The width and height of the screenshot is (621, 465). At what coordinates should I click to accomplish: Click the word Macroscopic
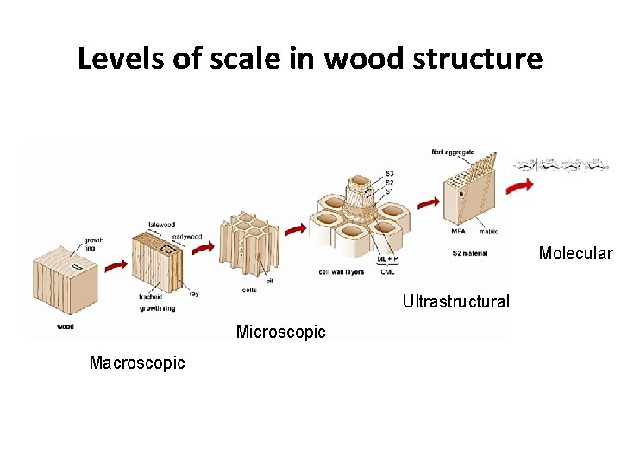coord(137,363)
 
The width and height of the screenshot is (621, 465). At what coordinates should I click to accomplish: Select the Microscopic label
coord(280,332)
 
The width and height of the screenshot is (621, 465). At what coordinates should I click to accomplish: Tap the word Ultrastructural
coord(455,302)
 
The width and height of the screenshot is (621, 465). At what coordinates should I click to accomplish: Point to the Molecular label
coord(575,253)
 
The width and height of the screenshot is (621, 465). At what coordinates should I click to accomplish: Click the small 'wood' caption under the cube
coord(65,326)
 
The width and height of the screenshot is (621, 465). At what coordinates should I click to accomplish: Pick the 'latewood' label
coord(162,225)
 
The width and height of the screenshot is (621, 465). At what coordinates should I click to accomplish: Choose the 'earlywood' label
coord(187,235)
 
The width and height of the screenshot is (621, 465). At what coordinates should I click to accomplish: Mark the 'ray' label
coord(193,293)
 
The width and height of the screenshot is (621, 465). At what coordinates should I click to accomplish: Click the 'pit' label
coord(270,280)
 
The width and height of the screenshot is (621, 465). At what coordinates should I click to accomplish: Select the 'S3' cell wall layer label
coord(390,173)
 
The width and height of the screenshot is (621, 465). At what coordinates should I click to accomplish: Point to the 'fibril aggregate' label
coord(453,152)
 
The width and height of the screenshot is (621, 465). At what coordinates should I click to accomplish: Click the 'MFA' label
coord(459,231)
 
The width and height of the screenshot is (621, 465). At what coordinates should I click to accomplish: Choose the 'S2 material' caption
coord(470,253)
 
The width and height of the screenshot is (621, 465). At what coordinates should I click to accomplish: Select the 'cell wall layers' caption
coord(342,272)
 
